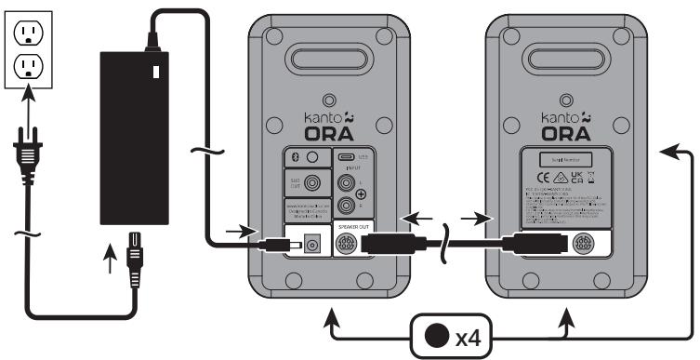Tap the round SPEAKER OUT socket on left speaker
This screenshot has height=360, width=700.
point(345,247)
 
